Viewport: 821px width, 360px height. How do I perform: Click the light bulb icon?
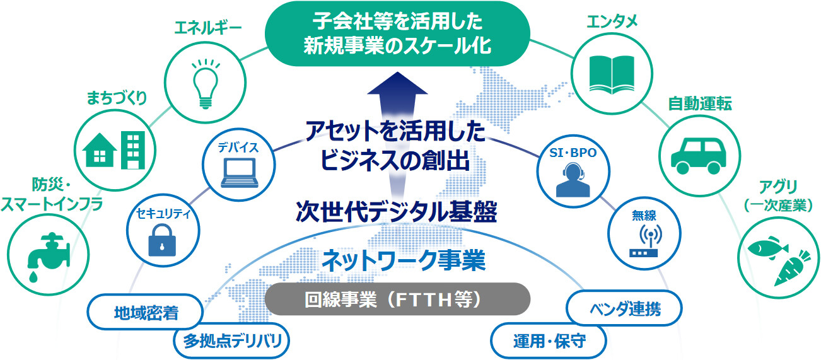click(x=206, y=84)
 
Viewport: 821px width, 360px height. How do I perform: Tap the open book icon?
click(x=612, y=74)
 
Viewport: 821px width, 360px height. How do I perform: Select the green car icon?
click(x=699, y=156)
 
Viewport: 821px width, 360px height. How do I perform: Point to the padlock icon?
click(x=162, y=240)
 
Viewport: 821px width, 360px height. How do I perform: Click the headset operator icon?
click(x=573, y=180)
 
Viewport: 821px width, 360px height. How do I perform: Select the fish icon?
click(x=767, y=248)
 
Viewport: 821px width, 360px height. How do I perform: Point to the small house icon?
click(x=100, y=150)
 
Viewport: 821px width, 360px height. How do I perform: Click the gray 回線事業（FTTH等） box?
click(x=397, y=299)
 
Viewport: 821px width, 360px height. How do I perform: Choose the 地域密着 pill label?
click(x=145, y=312)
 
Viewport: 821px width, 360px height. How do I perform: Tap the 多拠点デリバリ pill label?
click(x=231, y=340)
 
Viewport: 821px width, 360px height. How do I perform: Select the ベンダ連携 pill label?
click(x=624, y=308)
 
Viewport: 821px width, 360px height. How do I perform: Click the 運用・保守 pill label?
click(x=549, y=340)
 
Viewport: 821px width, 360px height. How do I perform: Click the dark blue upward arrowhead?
click(x=397, y=84)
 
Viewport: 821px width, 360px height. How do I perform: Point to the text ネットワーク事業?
click(x=403, y=260)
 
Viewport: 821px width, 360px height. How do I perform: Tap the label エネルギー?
click(x=208, y=28)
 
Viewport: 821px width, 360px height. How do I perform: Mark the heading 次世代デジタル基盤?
click(x=396, y=211)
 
